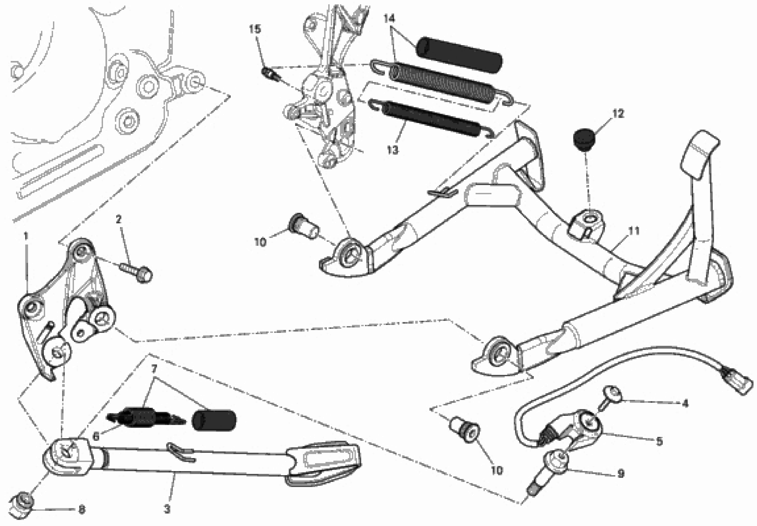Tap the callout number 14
[389, 19]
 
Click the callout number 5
[659, 441]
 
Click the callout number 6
[96, 437]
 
